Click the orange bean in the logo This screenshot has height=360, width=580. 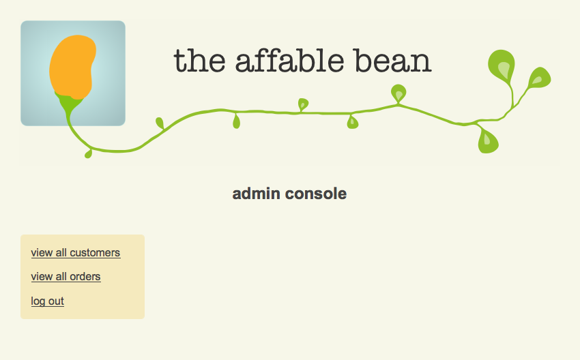(72, 67)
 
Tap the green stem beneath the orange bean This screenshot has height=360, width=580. (69, 107)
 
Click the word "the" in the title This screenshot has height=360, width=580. (199, 60)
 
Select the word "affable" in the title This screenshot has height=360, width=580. (289, 60)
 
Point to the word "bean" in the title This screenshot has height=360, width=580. (393, 60)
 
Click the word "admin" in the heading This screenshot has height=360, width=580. (256, 194)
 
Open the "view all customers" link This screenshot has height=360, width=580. (76, 253)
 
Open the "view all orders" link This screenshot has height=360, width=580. (66, 277)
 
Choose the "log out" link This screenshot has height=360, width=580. (47, 301)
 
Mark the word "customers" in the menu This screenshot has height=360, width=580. (95, 253)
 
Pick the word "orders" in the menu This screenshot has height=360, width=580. (85, 277)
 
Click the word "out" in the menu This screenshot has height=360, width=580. (56, 301)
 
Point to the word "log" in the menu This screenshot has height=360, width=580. (38, 301)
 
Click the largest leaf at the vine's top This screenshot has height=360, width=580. (502, 65)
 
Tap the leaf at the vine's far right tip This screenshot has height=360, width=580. (540, 78)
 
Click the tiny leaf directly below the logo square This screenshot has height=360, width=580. (88, 153)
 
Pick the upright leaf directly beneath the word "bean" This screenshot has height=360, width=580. (398, 93)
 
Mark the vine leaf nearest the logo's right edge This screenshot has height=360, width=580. (160, 123)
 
